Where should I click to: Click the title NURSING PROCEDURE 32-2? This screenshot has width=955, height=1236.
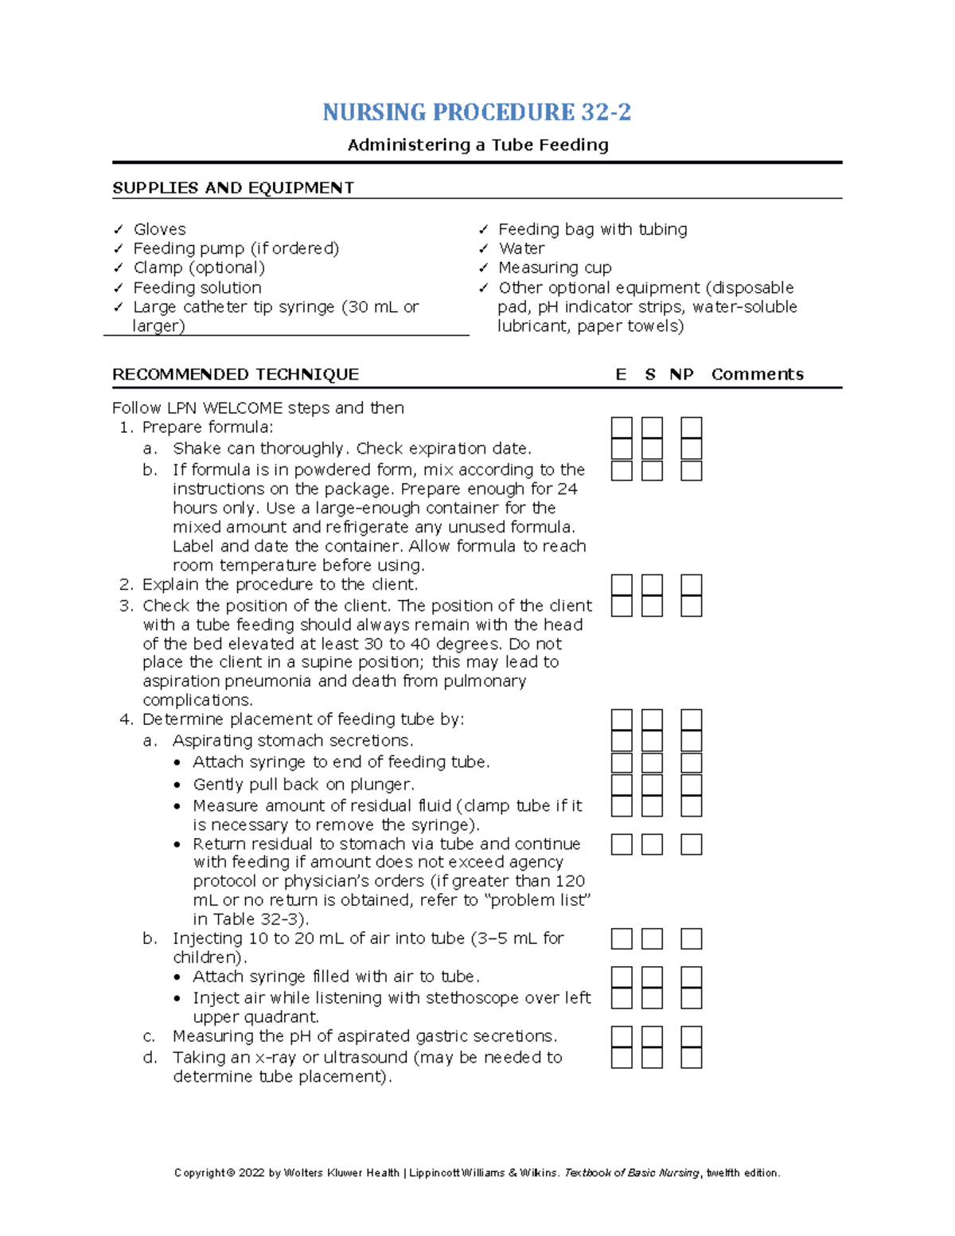[x=477, y=112]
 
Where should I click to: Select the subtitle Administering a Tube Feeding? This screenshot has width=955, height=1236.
[x=477, y=145]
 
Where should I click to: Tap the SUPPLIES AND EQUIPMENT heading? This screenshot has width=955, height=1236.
[x=232, y=188]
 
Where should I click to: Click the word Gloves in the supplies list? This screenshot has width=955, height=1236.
[x=159, y=229]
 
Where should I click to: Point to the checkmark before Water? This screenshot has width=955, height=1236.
[x=484, y=249]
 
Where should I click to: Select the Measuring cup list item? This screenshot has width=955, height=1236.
[x=555, y=267]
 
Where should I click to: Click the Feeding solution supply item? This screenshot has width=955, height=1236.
[x=197, y=287]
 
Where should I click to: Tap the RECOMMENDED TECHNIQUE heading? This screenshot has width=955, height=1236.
[x=235, y=374]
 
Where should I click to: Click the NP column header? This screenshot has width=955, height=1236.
[x=681, y=374]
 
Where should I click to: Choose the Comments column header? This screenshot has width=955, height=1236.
[x=757, y=374]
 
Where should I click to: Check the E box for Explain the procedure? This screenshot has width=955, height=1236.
[x=622, y=586]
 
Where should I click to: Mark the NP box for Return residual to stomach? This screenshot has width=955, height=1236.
[x=691, y=844]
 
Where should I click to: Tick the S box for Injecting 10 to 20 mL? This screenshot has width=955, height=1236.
[x=652, y=939]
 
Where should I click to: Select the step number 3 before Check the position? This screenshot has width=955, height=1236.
[x=126, y=606]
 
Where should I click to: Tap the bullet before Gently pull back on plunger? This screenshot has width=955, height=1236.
[x=177, y=785]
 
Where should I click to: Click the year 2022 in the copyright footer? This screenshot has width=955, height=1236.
[x=251, y=1172]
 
